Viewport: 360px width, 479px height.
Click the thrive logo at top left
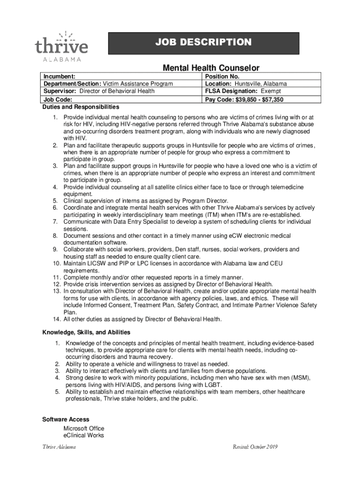pos(61,46)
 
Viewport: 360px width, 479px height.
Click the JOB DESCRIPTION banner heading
pos(203,43)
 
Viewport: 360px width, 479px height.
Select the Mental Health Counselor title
pos(211,68)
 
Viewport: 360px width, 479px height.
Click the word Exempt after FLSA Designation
pos(271,91)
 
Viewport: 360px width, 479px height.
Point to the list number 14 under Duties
pos(56,319)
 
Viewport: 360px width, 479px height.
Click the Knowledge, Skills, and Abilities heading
pos(86,332)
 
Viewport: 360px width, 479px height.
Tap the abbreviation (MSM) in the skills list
pos(296,377)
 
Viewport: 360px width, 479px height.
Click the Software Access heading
pos(66,420)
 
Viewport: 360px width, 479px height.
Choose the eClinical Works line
pos(84,435)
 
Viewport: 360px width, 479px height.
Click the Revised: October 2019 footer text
pos(255,447)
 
